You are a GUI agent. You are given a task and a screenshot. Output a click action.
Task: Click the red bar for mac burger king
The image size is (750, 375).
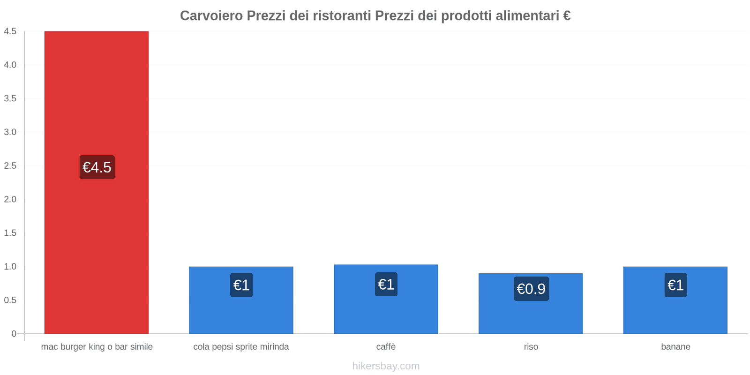click(97, 94)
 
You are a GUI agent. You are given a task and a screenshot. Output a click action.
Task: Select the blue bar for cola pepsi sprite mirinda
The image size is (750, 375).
click(241, 314)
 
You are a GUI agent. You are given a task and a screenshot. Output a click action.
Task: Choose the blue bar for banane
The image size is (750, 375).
click(675, 314)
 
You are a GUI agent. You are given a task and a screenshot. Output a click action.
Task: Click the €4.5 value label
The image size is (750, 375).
click(97, 167)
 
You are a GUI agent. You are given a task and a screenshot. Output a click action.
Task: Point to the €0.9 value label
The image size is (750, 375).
click(531, 289)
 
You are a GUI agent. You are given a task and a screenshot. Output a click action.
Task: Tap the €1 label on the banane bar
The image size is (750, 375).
click(675, 285)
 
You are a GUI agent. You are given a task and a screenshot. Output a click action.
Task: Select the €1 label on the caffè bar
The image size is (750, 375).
click(386, 284)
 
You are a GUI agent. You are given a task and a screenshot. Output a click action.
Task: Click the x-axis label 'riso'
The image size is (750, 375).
click(531, 347)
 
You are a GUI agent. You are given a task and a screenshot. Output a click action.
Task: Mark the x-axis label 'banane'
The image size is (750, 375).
click(675, 347)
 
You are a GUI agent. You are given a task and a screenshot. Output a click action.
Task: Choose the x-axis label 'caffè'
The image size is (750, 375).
click(386, 347)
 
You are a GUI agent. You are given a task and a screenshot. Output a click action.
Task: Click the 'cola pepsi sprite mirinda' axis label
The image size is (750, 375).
click(241, 347)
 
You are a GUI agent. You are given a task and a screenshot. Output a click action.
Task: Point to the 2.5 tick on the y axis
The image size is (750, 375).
click(10, 166)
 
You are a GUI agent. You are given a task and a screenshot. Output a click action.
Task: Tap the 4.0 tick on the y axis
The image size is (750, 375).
click(10, 65)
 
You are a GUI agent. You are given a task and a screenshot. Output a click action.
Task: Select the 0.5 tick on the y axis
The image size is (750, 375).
click(10, 300)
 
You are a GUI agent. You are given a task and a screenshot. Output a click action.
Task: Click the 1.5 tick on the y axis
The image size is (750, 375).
click(10, 233)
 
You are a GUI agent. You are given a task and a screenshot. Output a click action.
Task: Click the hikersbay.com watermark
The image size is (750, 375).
click(386, 366)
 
